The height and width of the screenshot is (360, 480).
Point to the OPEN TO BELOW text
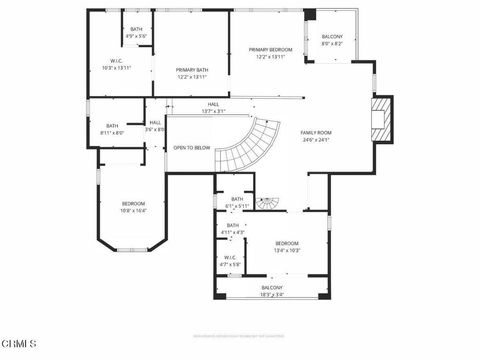coord(191,147)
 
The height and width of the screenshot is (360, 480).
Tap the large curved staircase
coord(246,145)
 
